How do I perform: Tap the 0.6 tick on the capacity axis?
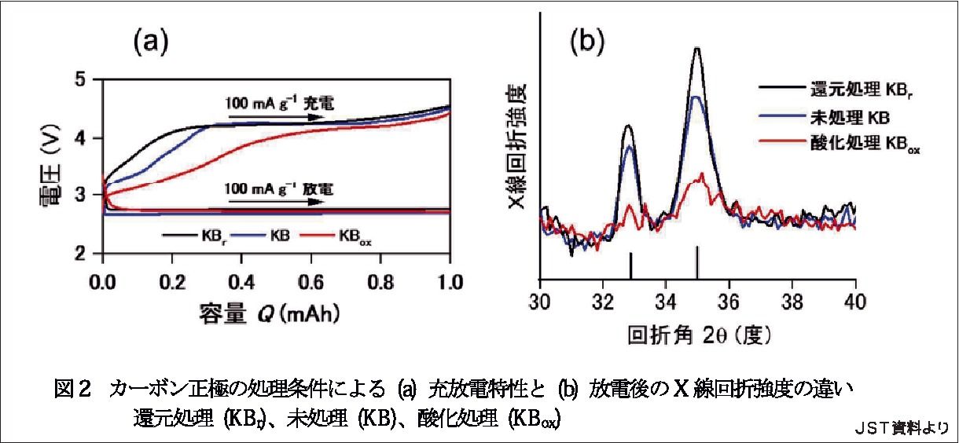click(x=310, y=280)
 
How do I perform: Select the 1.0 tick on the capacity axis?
click(x=449, y=280)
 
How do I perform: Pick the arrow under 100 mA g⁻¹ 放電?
click(x=275, y=200)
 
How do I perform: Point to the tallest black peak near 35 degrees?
click(x=697, y=49)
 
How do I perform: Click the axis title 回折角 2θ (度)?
click(x=699, y=335)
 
